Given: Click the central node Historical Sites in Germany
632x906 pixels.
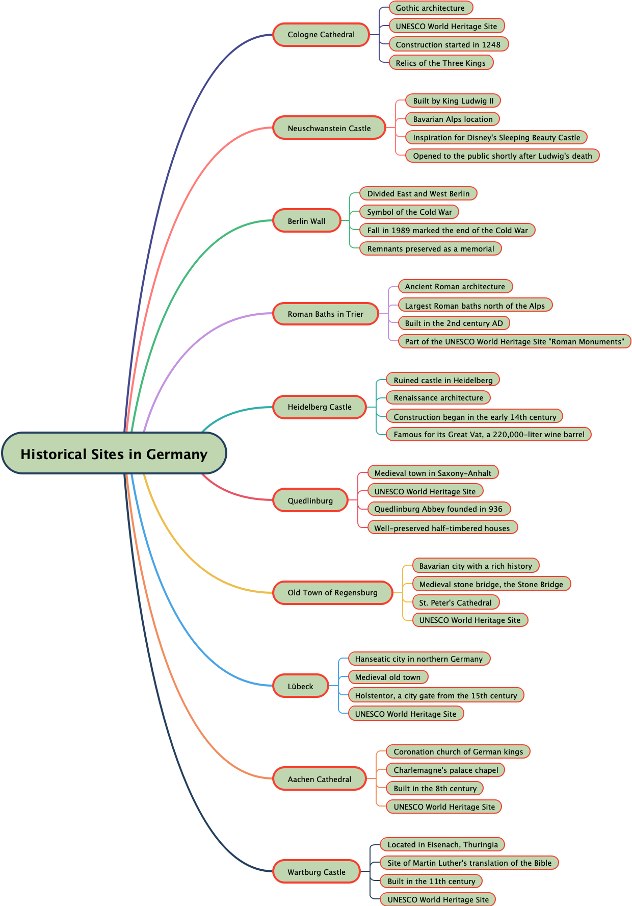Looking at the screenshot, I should [114, 454].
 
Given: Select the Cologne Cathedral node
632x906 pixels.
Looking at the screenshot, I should [321, 35].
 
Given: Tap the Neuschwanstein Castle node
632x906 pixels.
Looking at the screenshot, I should [329, 128].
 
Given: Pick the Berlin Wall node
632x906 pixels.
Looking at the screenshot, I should [306, 221].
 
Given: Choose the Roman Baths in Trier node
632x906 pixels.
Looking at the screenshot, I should [325, 314].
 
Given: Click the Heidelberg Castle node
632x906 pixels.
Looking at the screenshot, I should [320, 407].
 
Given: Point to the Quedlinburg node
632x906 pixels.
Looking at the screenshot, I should [310, 500].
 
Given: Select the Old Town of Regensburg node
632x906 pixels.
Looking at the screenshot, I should [332, 593].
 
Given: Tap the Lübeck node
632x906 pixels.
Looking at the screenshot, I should [300, 686].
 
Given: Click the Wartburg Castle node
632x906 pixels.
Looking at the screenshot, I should [317, 872].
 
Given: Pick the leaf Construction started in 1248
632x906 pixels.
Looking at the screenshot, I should [448, 44].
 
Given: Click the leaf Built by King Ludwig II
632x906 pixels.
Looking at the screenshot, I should [453, 100].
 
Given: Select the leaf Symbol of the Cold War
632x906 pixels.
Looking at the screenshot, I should [409, 212].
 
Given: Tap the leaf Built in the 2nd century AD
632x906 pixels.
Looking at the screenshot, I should [454, 323].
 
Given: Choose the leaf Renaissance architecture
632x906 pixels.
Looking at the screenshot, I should [438, 397].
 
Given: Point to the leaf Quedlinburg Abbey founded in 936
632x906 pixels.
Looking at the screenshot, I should [438, 509].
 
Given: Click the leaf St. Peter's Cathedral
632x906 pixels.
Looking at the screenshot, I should [455, 602].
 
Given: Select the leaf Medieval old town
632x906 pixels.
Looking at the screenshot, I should [388, 677].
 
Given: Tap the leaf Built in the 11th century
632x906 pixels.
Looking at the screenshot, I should [431, 881].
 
